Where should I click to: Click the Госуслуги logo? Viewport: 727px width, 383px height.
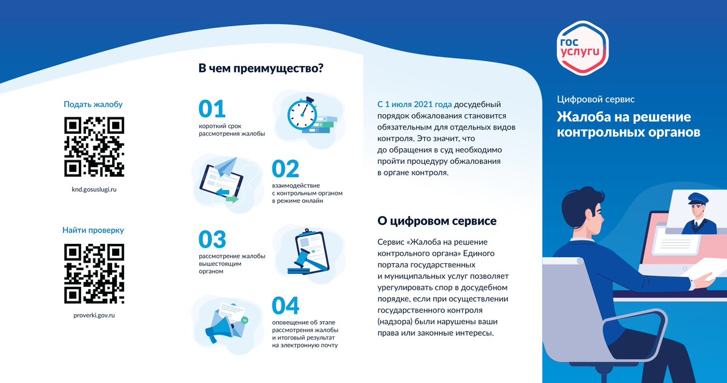[x=582, y=47]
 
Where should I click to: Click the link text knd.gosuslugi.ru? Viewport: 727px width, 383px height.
[x=93, y=189]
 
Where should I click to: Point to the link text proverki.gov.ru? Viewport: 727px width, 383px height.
[x=93, y=315]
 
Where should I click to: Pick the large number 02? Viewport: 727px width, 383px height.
[x=285, y=168]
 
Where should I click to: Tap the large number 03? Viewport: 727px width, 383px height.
[x=212, y=240]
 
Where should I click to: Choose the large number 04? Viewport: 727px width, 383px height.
[x=285, y=306]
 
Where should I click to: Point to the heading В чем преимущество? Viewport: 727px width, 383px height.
[x=261, y=68]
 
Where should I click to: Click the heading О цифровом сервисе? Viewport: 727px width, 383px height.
[x=437, y=221]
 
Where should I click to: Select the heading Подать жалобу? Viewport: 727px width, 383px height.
[x=93, y=104]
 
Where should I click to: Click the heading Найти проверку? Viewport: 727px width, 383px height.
[x=93, y=231]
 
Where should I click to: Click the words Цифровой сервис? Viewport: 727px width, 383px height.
[x=596, y=99]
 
